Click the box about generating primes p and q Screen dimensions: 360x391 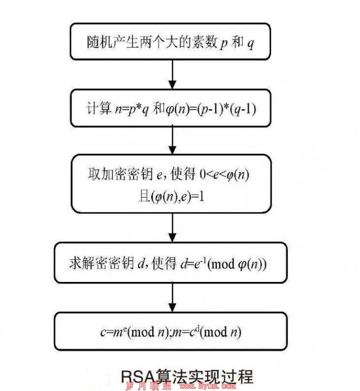click(170, 42)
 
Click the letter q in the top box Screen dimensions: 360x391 click(250, 44)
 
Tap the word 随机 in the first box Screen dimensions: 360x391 click(99, 42)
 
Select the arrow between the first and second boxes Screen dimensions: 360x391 click(172, 74)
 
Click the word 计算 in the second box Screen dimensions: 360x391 click(99, 108)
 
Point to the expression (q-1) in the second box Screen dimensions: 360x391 click(243, 109)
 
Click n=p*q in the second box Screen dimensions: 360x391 click(132, 110)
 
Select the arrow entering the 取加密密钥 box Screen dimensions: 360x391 click(172, 140)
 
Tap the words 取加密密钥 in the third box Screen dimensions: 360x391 click(120, 173)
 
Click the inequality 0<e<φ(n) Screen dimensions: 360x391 click(224, 174)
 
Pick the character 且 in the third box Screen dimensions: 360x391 click(144, 196)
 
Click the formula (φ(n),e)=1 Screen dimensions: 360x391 click(178, 197)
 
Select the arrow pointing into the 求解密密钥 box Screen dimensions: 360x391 click(172, 227)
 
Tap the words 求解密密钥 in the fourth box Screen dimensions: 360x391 click(102, 263)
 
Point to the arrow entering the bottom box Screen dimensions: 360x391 click(172, 297)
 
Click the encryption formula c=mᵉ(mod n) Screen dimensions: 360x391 click(135, 332)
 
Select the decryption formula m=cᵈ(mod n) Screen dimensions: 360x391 click(206, 332)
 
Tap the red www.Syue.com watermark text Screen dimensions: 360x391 click(207, 386)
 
